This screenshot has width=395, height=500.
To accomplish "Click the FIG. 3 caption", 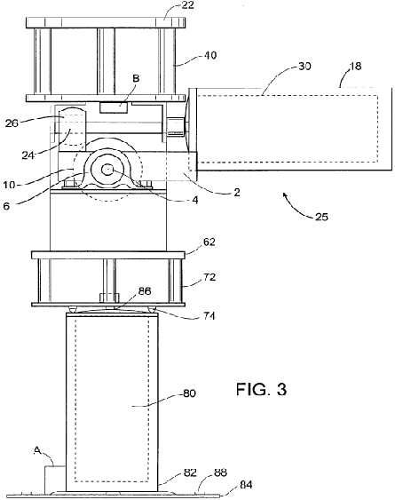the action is [261, 389].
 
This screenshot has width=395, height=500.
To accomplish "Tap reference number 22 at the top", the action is [188, 5].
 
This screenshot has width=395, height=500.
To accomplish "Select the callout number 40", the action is [210, 55].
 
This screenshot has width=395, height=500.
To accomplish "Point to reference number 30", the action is [304, 67].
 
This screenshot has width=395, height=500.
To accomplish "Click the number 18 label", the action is [355, 66].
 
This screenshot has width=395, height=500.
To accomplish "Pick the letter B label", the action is [136, 78].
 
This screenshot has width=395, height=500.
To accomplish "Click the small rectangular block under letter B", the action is [114, 107].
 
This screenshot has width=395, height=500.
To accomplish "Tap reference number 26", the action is [12, 123].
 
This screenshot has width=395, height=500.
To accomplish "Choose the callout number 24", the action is [28, 155].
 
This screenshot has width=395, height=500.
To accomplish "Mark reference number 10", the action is [9, 185].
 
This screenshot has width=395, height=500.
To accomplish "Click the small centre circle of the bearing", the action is [107, 170].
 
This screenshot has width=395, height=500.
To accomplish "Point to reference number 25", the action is [321, 218].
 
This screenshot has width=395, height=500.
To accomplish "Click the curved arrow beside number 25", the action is [296, 207].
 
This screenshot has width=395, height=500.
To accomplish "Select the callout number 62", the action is [209, 242].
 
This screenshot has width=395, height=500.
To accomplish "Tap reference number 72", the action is [209, 277].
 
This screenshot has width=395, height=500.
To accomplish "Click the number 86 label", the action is [145, 291].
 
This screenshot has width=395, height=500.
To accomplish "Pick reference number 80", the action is [189, 393].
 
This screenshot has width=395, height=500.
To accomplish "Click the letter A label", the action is [37, 450].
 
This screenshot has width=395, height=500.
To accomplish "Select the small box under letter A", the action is [55, 479].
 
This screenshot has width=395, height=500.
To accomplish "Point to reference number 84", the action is [246, 485].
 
